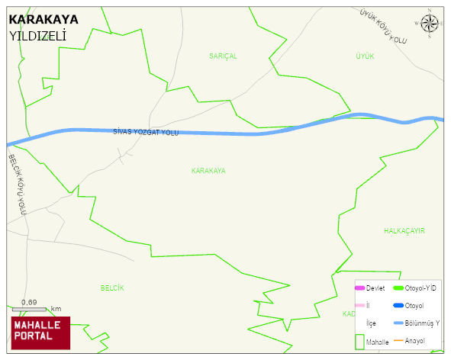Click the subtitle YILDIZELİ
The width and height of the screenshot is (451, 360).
37,36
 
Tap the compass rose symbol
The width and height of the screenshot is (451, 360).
430,25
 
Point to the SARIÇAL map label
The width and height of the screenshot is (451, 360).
223,56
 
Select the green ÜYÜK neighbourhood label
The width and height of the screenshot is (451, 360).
365,56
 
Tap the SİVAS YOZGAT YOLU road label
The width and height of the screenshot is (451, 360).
145,133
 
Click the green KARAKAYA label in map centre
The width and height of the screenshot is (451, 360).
208,171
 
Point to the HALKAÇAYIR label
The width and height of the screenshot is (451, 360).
404,230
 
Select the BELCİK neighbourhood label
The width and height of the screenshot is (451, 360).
111,288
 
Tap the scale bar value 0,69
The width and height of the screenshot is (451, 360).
29,303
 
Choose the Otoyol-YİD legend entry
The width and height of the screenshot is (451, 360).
417,288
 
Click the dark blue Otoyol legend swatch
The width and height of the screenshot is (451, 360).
397,306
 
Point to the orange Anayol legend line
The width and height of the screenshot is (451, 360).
397,340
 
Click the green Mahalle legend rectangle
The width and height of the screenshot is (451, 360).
359,342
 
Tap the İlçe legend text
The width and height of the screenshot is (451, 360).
371,323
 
